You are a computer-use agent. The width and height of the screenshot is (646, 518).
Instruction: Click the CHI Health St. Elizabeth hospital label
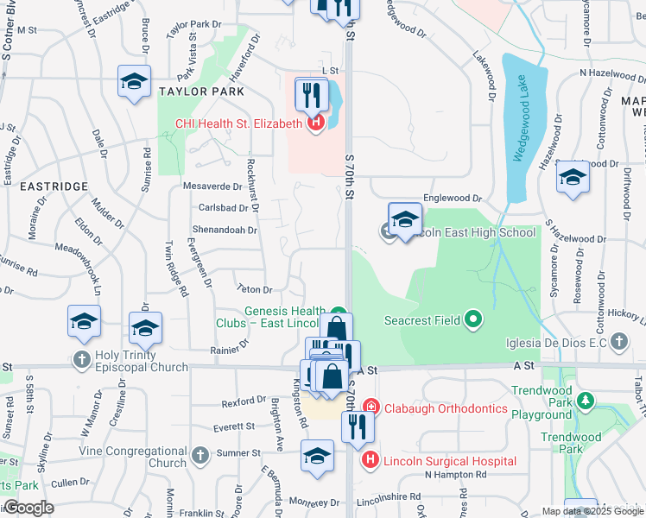[238, 123]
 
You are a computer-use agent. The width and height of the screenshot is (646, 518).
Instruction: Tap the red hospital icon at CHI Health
[315, 123]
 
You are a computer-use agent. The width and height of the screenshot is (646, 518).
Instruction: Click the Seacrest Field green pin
[472, 320]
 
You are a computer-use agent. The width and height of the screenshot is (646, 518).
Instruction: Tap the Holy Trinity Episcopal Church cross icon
[82, 360]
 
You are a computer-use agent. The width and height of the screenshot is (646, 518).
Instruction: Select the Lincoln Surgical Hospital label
[449, 461]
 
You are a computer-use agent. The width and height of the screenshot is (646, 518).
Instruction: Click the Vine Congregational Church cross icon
[199, 454]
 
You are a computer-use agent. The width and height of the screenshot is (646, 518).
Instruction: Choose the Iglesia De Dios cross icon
[617, 343]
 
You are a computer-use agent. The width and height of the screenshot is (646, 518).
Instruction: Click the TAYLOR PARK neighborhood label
[200, 91]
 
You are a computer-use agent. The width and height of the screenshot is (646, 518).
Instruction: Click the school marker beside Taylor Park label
[134, 82]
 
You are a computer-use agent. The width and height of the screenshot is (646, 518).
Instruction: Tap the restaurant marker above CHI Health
[312, 94]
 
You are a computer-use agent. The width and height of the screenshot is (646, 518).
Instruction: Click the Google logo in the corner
[28, 507]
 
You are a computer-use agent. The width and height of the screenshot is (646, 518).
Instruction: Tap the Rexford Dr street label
[244, 401]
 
